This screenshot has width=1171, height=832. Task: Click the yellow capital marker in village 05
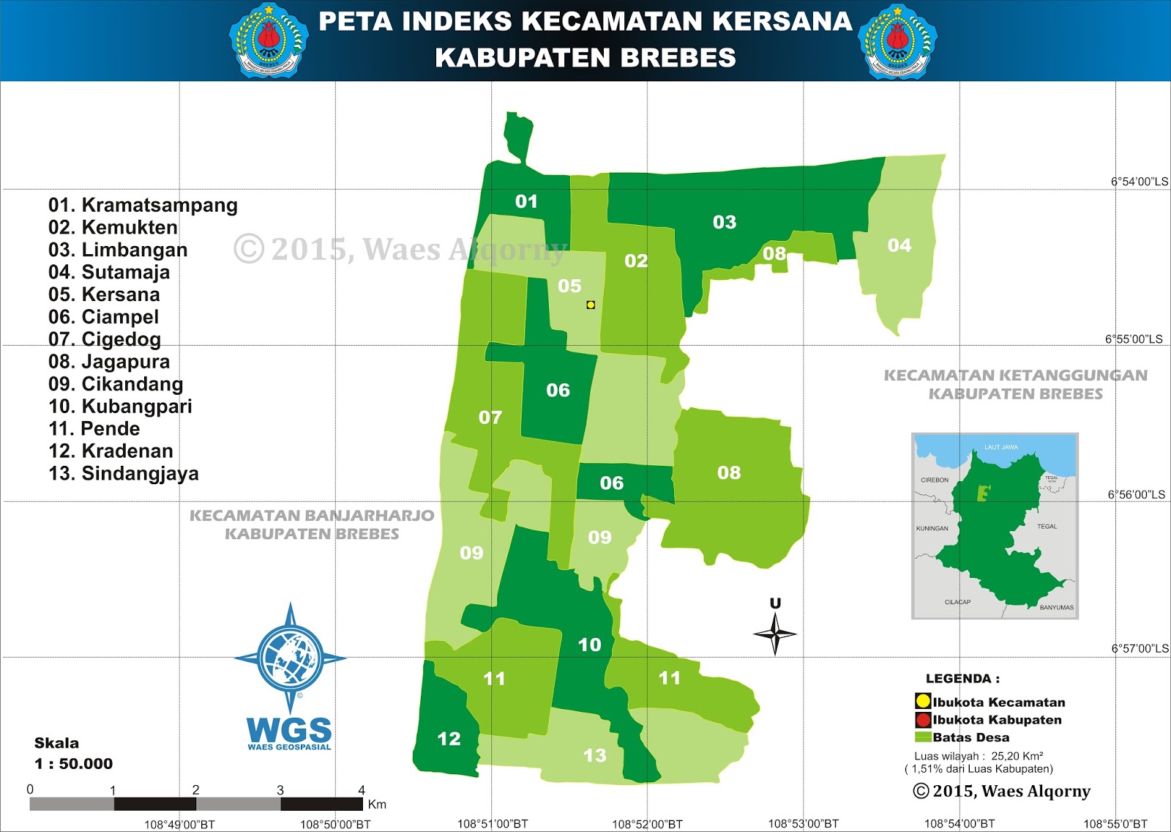coord(591,305)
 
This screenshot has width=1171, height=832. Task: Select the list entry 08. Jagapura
coord(109,362)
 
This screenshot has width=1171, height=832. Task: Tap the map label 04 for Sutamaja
coord(899,245)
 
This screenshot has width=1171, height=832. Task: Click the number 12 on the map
coord(449,739)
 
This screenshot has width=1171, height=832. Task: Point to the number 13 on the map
coord(595,755)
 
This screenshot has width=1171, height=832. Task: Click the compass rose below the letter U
coord(775,634)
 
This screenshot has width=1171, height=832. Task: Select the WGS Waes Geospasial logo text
coord(290,732)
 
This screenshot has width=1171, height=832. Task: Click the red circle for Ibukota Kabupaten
coord(923,720)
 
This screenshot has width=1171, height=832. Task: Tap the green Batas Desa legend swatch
coord(923,737)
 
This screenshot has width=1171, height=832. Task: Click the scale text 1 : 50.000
coord(73,764)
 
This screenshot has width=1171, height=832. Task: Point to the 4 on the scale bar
coord(362,790)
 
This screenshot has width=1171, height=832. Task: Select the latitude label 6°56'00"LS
coord(1137,495)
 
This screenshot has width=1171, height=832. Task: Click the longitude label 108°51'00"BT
coord(493,824)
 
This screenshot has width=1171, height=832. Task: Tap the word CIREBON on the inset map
coord(935,480)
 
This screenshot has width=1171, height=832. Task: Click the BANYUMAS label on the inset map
coord(1056,607)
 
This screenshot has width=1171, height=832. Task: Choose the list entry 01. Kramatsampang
coord(143,205)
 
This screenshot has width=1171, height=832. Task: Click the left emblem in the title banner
coord(269,41)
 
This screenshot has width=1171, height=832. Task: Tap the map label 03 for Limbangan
coord(725,222)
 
